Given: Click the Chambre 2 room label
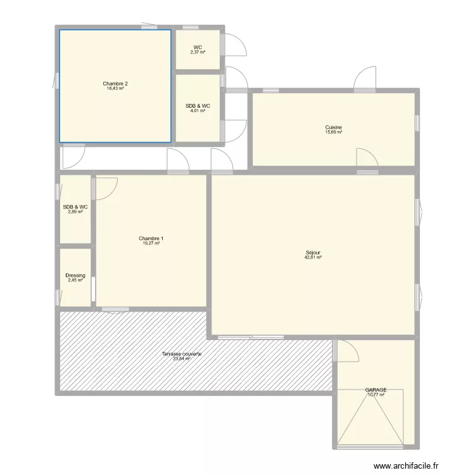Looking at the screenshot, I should coord(115,84).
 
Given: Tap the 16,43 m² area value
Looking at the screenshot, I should coord(115,89).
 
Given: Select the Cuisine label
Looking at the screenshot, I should coord(334,127).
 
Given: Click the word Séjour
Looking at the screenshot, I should coord(313,253).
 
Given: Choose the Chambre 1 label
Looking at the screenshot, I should coord(151,238).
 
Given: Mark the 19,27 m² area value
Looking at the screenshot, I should coord(151,243).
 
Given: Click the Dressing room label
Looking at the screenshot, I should coord(75,275).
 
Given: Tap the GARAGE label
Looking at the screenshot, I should coord(376,390).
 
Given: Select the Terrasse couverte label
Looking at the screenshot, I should coord(182,353).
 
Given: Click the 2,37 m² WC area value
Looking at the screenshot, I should coord(198,53).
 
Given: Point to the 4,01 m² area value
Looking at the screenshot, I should coord(198,111).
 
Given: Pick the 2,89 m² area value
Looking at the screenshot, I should coord(75,212).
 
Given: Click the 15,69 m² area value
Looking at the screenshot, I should coord(334,132).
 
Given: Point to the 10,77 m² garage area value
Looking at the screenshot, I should coord(376,395).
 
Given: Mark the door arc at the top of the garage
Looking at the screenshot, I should coord(347,351).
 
